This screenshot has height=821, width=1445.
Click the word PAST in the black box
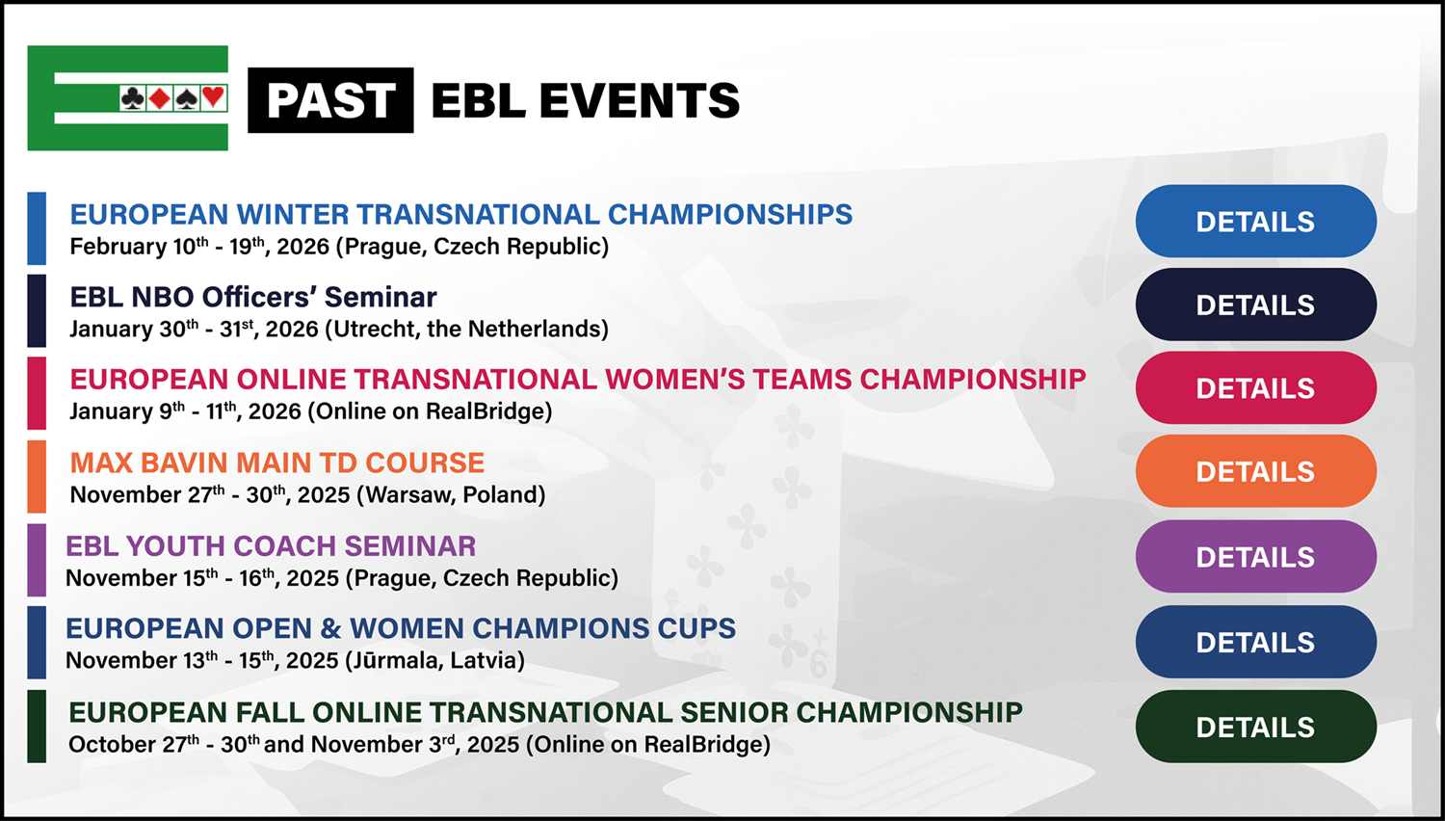[331, 100]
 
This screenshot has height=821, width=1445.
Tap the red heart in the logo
[214, 97]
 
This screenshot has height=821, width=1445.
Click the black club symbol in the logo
[133, 98]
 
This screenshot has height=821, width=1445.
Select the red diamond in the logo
[159, 98]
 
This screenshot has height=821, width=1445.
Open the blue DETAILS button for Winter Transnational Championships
[1256, 222]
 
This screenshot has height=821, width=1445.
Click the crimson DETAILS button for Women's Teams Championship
[1256, 388]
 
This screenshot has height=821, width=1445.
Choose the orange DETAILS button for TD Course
[1256, 471]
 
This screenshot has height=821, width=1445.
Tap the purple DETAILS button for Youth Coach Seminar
[1256, 556]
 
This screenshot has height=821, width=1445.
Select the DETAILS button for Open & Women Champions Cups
[1256, 642]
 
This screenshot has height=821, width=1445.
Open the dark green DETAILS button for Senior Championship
[1256, 727]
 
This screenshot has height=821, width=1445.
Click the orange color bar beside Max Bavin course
[37, 476]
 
